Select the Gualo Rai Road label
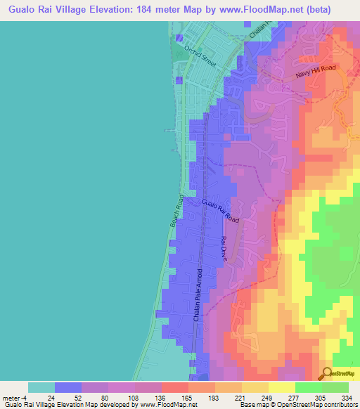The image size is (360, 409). [x=220, y=212]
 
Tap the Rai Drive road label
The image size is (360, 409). [x=225, y=249]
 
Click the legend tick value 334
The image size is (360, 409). [x=345, y=398]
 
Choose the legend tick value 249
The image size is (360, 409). [x=264, y=398]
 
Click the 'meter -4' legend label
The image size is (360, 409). [x=15, y=398]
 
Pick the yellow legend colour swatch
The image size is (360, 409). [x=282, y=387]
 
